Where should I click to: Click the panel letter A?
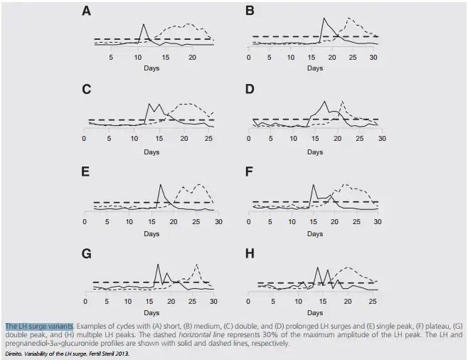[86, 11]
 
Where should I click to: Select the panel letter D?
[250, 90]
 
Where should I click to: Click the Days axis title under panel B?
[314, 68]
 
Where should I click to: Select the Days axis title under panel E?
[151, 232]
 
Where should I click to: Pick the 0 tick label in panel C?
[84, 138]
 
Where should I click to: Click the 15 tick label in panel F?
[312, 221]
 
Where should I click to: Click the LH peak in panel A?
[144, 25]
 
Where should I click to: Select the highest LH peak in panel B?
[324, 18]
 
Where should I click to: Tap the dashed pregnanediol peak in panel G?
[196, 265]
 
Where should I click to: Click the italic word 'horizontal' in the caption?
[197, 334]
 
